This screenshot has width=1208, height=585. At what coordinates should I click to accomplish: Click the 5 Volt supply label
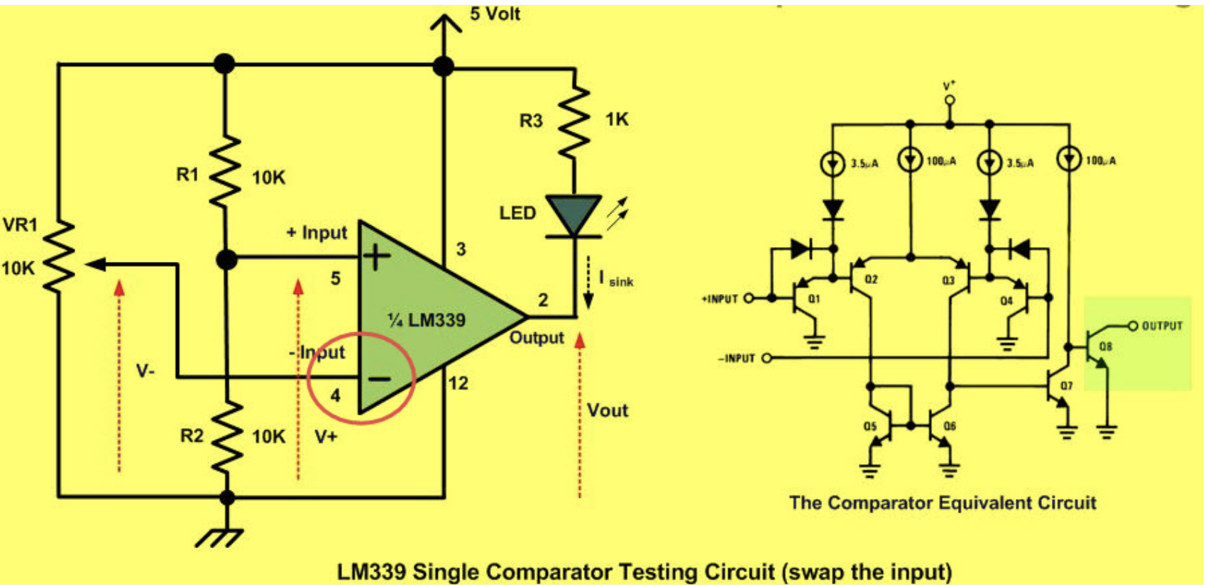pyautogui.click(x=495, y=13)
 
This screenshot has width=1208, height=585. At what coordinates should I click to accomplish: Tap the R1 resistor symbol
pyautogui.click(x=225, y=171)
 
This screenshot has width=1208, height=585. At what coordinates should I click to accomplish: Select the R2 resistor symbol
pyautogui.click(x=227, y=435)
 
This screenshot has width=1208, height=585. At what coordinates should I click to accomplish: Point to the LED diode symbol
pyautogui.click(x=573, y=215)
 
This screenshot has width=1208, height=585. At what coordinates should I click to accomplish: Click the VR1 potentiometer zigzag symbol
pyautogui.click(x=60, y=256)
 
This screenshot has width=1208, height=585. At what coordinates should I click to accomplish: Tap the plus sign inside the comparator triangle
pyautogui.click(x=377, y=257)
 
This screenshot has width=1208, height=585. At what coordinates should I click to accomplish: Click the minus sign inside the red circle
pyautogui.click(x=379, y=379)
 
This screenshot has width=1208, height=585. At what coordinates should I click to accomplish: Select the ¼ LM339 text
pyautogui.click(x=427, y=320)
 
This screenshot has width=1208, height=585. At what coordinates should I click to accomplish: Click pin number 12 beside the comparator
pyautogui.click(x=458, y=383)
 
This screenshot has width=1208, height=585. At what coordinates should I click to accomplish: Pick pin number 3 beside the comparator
pyautogui.click(x=461, y=249)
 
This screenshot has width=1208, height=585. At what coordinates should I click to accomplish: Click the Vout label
pyautogui.click(x=608, y=410)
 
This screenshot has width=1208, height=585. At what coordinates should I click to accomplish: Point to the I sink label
pyautogui.click(x=615, y=279)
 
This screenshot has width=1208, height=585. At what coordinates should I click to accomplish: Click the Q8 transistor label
pyautogui.click(x=1105, y=346)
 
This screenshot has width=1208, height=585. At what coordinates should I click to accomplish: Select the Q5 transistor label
pyautogui.click(x=870, y=426)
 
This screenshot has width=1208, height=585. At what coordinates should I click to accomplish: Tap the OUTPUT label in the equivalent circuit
pyautogui.click(x=1162, y=326)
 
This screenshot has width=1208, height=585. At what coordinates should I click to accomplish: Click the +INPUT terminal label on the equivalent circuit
pyautogui.click(x=720, y=300)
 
